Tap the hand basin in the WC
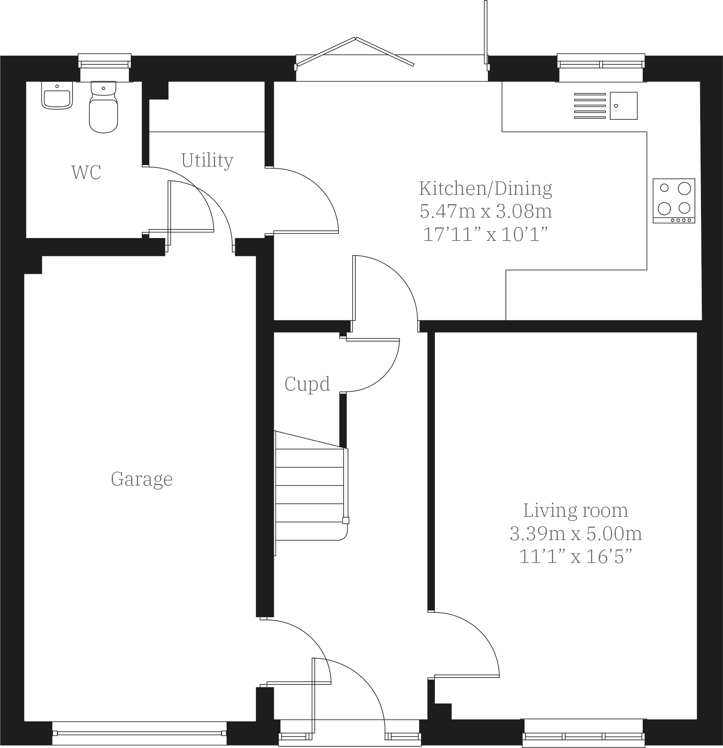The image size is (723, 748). pyautogui.click(x=57, y=96)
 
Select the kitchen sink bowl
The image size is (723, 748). pyautogui.click(x=623, y=106)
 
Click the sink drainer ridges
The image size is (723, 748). pyautogui.click(x=590, y=106)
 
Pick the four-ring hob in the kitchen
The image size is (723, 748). pyautogui.click(x=673, y=201)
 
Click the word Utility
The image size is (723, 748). pyautogui.click(x=207, y=160)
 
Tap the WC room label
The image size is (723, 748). pyautogui.click(x=86, y=172)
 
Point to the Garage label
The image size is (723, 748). pyautogui.click(x=141, y=479)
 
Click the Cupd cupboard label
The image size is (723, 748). pyautogui.click(x=307, y=384)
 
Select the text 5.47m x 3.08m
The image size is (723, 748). pyautogui.click(x=485, y=211)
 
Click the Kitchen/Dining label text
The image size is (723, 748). pyautogui.click(x=485, y=188)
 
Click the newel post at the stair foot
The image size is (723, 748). pyautogui.click(x=345, y=520)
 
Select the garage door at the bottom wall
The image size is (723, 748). pyautogui.click(x=139, y=733)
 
